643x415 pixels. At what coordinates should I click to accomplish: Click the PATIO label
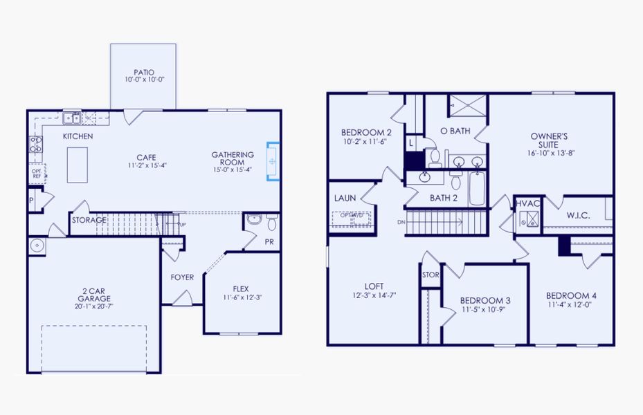(144, 72)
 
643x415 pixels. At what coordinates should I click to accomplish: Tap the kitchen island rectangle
(77, 165)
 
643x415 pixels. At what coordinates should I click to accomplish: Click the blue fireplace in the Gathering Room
(273, 161)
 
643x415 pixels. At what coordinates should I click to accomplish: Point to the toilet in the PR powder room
(271, 222)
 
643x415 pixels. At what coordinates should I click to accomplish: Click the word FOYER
(183, 278)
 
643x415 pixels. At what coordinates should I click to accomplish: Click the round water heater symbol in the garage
(37, 246)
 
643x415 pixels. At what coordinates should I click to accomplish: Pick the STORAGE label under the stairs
(89, 221)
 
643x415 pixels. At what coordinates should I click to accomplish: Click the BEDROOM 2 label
(366, 133)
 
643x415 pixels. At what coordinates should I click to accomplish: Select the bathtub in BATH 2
(477, 188)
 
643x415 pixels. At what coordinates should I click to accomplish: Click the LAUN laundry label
(345, 199)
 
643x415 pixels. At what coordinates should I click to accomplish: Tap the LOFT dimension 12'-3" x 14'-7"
(374, 295)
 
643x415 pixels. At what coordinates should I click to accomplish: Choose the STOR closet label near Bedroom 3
(430, 275)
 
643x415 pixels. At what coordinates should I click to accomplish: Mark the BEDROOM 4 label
(571, 295)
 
